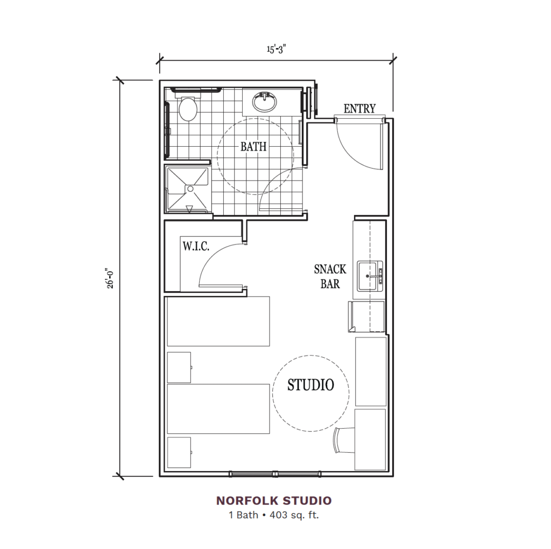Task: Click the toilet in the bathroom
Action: tap(188, 109)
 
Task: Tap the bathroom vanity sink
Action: tap(263, 100)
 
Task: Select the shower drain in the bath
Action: tap(190, 189)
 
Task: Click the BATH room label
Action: tap(253, 146)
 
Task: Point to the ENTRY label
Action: tap(359, 109)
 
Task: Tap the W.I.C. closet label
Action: tap(196, 247)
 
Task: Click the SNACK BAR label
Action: tap(330, 276)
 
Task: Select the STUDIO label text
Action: tap(310, 385)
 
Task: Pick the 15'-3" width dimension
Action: tap(277, 50)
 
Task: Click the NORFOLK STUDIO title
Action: tap(274, 501)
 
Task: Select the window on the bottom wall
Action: tap(275, 474)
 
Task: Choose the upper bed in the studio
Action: tap(218, 321)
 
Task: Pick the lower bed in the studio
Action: tap(218, 409)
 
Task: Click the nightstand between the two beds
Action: tap(179, 367)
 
